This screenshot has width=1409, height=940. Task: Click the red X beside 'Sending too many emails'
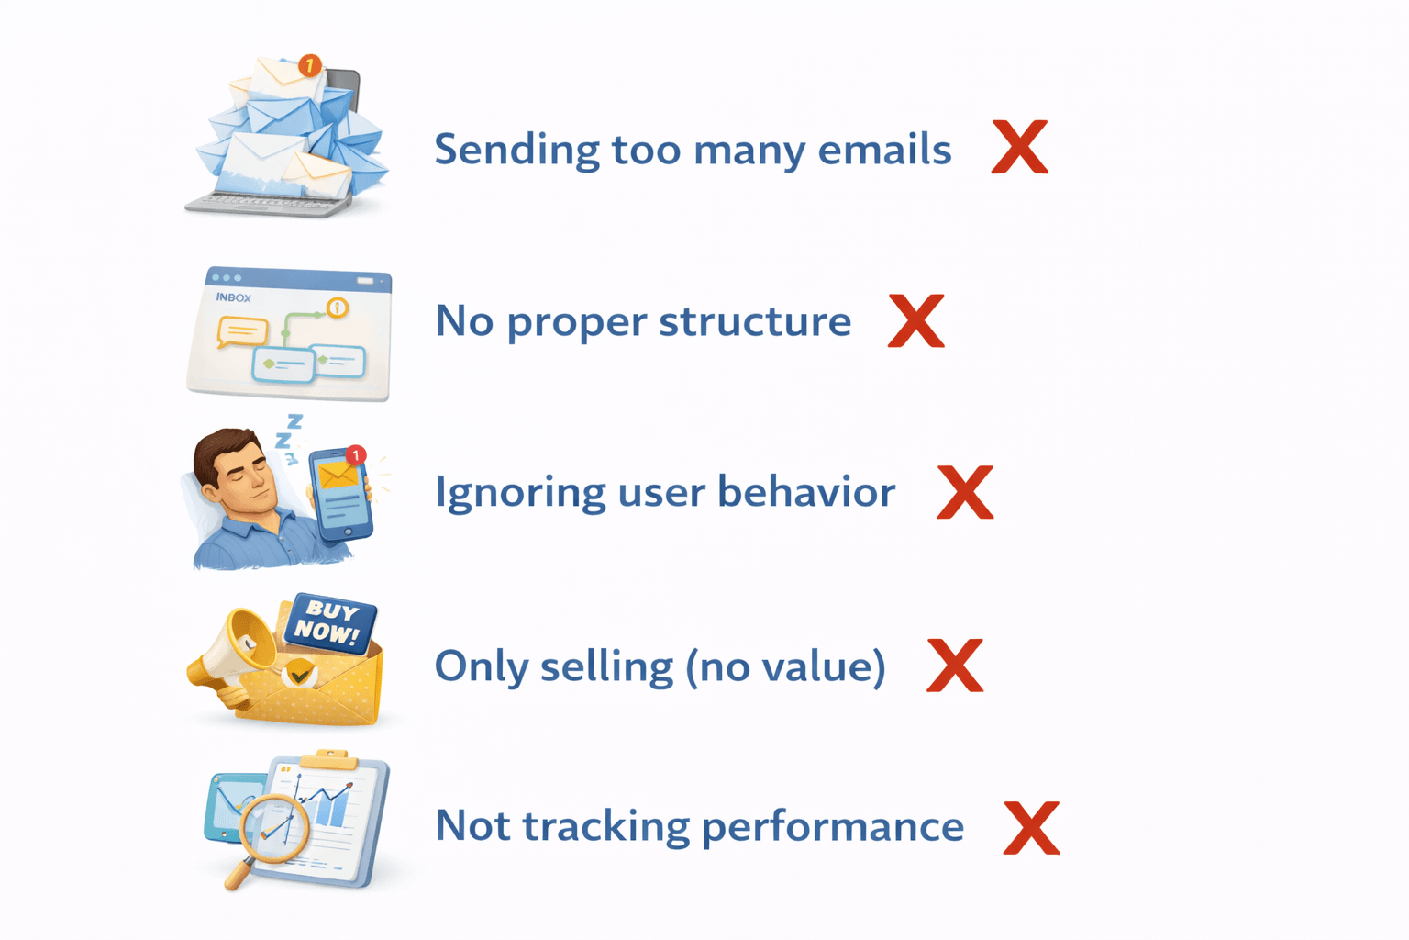click(1019, 147)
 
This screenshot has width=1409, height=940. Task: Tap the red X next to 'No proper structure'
click(915, 320)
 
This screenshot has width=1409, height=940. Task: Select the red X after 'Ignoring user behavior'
click(964, 492)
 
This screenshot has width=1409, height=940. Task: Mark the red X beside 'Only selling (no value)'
click(954, 666)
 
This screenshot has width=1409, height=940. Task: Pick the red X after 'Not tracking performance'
click(1031, 827)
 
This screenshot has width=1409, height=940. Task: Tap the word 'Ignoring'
click(519, 493)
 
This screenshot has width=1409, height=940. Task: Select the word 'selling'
click(606, 666)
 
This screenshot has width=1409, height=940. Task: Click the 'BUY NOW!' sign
click(329, 622)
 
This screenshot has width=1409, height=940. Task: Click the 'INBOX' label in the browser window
click(233, 297)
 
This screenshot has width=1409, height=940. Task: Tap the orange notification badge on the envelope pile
click(310, 65)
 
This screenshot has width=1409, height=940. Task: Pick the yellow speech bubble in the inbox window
click(241, 330)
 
